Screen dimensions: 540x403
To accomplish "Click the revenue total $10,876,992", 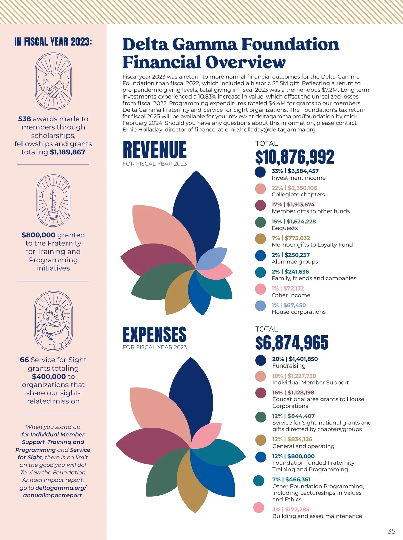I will tap(295, 157).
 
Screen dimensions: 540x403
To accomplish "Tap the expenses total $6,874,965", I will tap(292, 343).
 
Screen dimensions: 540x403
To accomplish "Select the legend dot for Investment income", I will tap(260, 172).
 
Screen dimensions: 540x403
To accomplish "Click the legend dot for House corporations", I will tap(260, 306).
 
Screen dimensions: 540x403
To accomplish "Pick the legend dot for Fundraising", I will tap(261, 360).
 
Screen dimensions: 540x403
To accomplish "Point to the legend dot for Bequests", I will tap(260, 222).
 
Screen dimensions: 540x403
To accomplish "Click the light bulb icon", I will tap(53, 200).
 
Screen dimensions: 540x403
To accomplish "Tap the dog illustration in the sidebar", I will tap(53, 321).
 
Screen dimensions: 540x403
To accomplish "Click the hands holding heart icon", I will tap(53, 81).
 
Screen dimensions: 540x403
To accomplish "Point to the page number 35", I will tap(391, 531).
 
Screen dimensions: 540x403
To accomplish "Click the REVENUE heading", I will tap(154, 150).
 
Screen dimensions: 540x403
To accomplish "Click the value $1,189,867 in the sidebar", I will tap(68, 152).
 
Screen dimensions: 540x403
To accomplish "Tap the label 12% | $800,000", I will tap(293, 456).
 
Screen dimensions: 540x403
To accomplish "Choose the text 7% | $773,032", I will tap(291, 238).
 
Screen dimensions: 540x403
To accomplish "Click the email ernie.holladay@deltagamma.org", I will tap(271, 130).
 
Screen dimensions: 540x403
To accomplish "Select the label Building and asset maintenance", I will tap(317, 516).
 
